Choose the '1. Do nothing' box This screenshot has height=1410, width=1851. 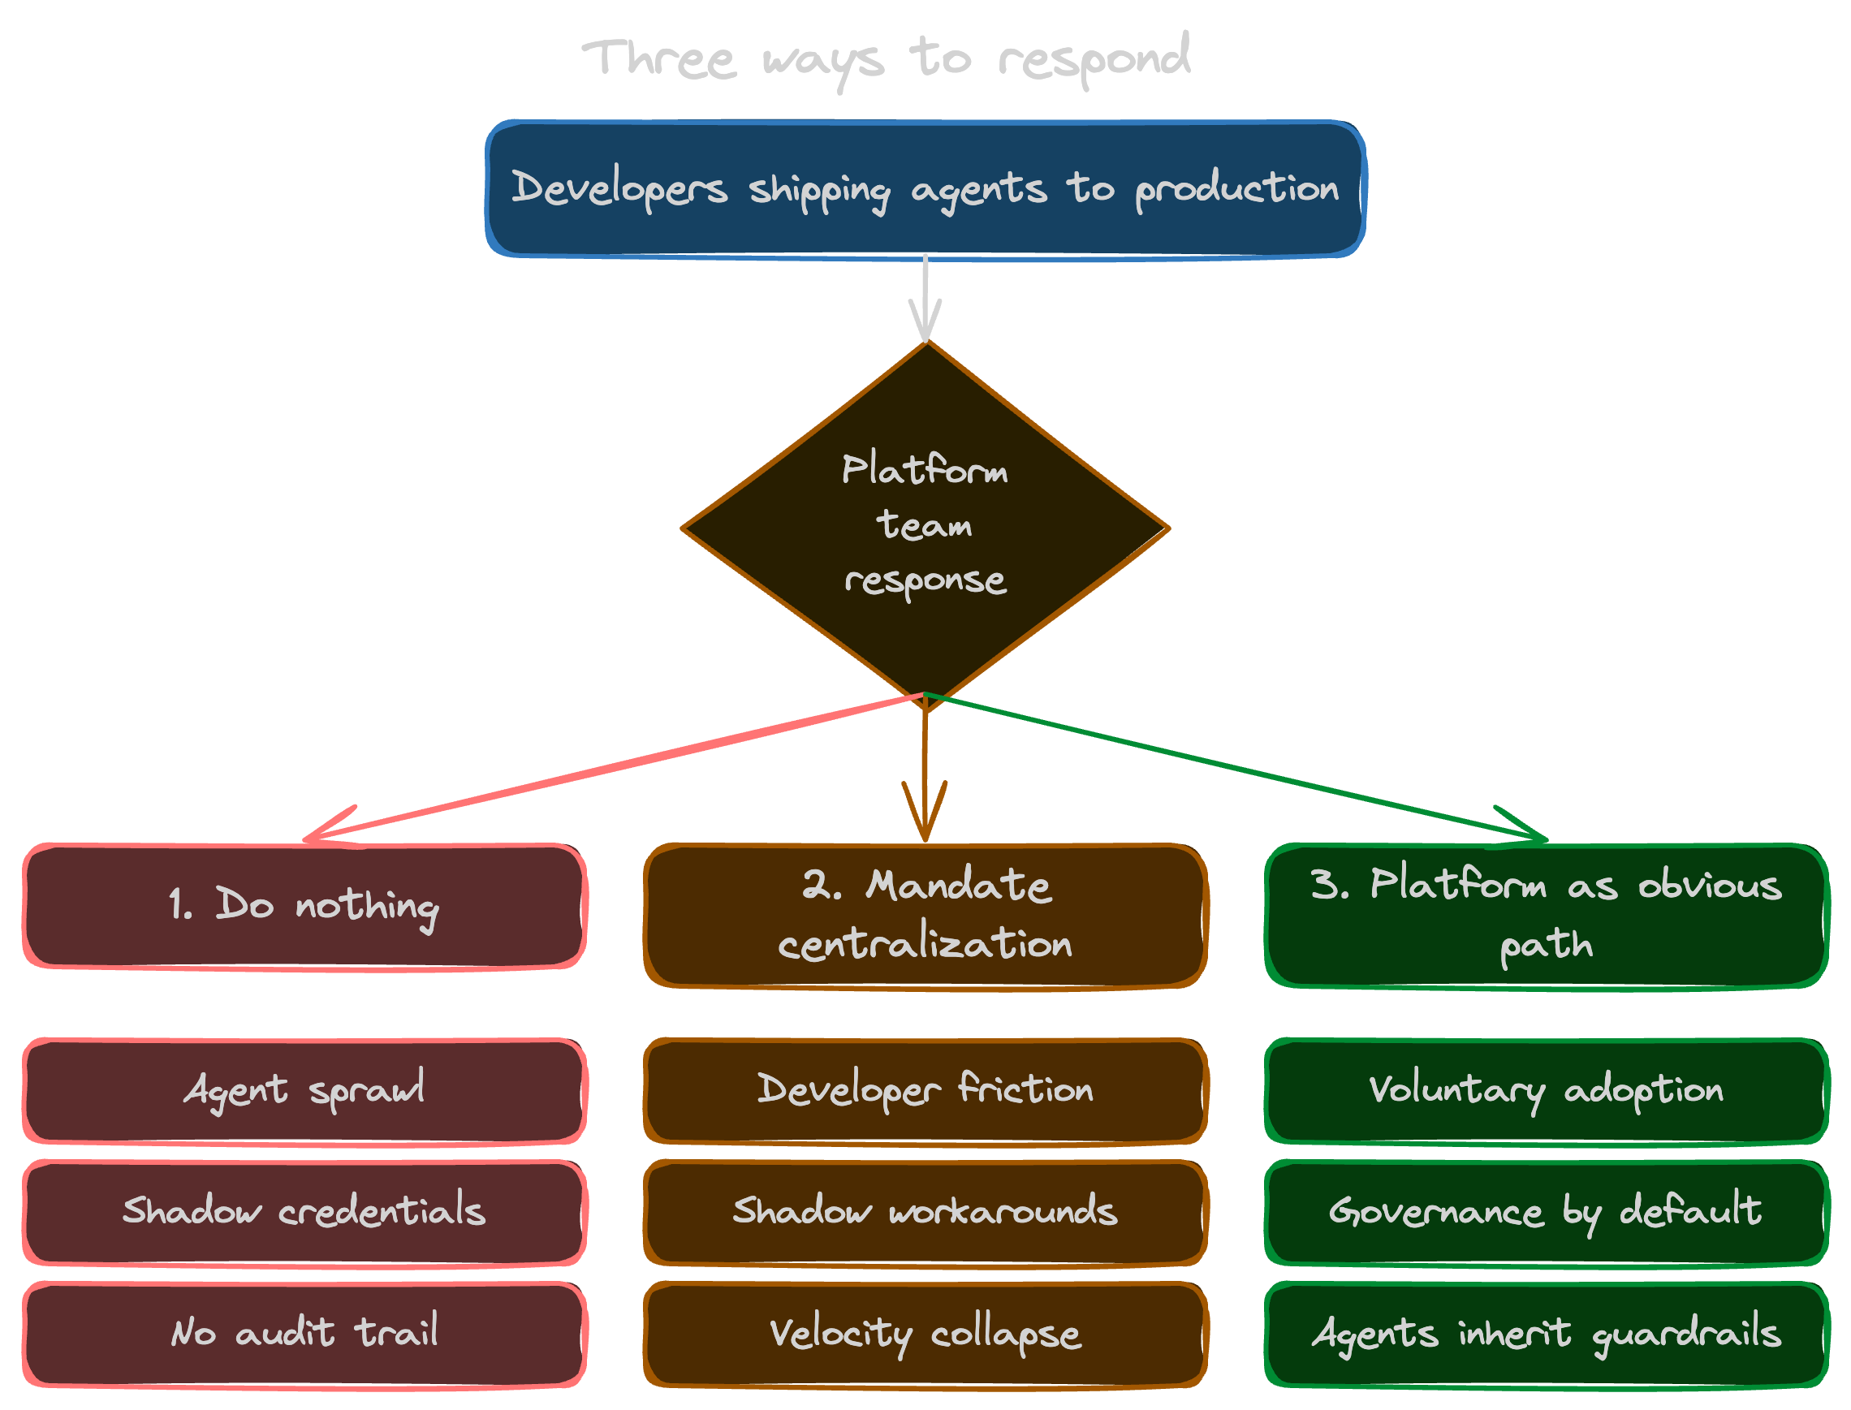coord(304,907)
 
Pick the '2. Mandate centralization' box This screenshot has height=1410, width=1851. coord(925,916)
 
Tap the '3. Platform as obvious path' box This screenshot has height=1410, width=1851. coord(1547,916)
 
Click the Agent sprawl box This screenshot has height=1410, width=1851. coord(304,1091)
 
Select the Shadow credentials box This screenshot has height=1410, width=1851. coord(304,1213)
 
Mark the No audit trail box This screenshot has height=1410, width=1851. coord(304,1335)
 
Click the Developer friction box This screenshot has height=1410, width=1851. coord(925,1091)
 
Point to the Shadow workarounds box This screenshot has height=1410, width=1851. coord(925,1213)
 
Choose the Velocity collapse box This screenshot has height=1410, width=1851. coord(925,1335)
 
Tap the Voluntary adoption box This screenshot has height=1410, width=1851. coord(1547,1091)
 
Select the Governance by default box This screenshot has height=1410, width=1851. coord(1547,1213)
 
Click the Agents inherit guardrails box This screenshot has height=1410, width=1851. coord(1547,1335)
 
